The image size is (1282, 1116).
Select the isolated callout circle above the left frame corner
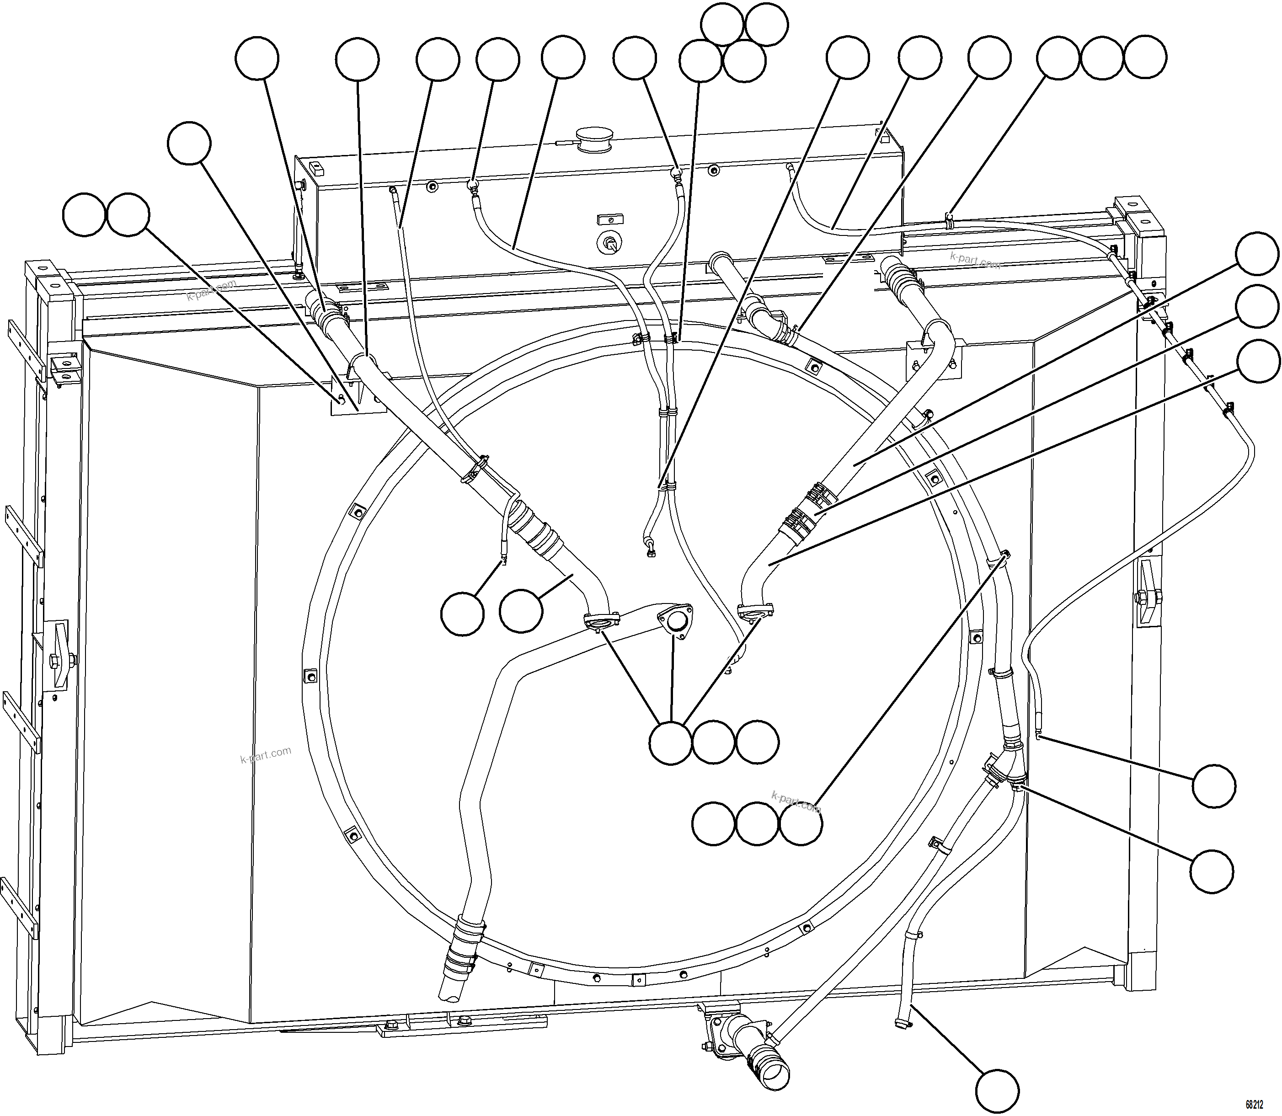click(189, 143)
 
